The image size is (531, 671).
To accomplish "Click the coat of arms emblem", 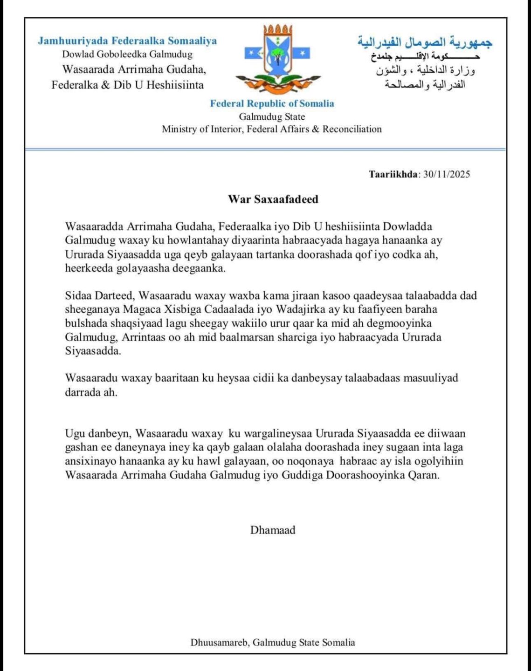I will tap(277, 58).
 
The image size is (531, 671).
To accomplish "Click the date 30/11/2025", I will tap(447, 174).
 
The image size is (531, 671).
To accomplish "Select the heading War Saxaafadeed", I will tap(273, 199).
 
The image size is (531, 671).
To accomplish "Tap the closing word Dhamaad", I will tap(273, 530).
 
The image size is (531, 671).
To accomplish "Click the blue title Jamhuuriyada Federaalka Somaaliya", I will tap(127, 41).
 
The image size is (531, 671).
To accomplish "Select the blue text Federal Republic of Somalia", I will tap(272, 103).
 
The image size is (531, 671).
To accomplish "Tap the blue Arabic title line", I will tap(425, 43).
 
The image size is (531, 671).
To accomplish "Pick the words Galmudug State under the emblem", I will tap(272, 116).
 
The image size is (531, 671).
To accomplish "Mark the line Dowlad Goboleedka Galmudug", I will tap(127, 54).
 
